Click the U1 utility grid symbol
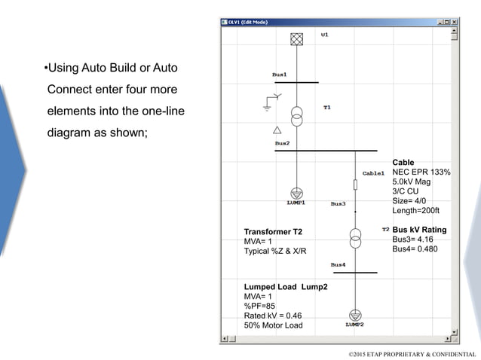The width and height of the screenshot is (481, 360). point(297,39)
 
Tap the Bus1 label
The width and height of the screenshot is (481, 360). point(279,75)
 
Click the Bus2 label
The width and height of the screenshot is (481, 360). point(282,143)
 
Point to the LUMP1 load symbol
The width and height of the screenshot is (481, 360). point(297,194)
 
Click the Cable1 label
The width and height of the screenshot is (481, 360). point(373,172)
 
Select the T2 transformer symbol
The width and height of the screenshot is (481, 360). point(355,236)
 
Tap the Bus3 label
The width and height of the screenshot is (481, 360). point(338,203)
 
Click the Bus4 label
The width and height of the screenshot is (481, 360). point(338,264)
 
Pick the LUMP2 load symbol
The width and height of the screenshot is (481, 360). point(355,315)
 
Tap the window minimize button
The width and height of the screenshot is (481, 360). point(438,23)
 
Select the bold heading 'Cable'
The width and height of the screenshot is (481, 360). point(403,163)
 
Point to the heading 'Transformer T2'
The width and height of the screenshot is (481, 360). point(272,231)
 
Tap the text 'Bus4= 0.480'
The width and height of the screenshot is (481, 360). point(415,249)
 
